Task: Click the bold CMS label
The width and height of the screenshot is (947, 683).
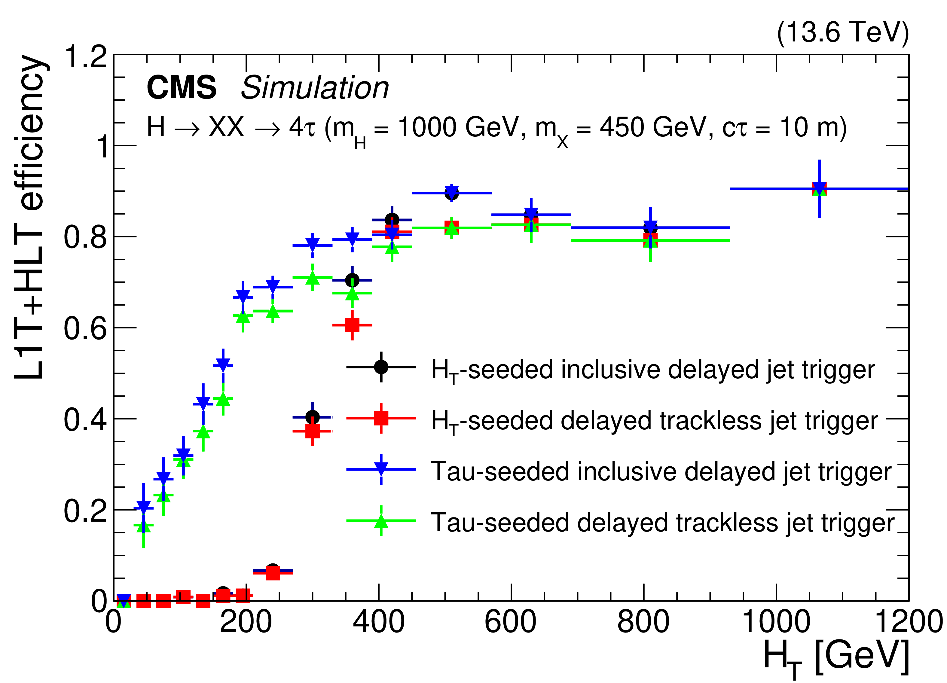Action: tap(181, 88)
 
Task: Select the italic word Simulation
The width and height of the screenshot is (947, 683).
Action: tap(314, 88)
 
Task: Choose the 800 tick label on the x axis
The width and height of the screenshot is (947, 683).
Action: tap(643, 622)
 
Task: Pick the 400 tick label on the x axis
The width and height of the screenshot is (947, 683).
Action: tap(378, 622)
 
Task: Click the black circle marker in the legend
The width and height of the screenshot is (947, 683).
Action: tap(381, 367)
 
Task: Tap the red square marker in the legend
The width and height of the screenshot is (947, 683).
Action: tap(381, 418)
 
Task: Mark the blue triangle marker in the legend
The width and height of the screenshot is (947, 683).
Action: tap(381, 469)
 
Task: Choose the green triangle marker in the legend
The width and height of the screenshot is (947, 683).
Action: tap(381, 521)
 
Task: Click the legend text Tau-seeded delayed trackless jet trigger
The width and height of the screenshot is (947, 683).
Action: tap(662, 522)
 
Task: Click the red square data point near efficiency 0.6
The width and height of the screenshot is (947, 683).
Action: tap(352, 325)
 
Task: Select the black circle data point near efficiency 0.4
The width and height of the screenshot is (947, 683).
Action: tap(312, 417)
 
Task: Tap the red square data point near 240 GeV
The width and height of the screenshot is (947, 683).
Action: tap(273, 573)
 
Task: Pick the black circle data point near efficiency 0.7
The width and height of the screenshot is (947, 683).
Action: tap(352, 280)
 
